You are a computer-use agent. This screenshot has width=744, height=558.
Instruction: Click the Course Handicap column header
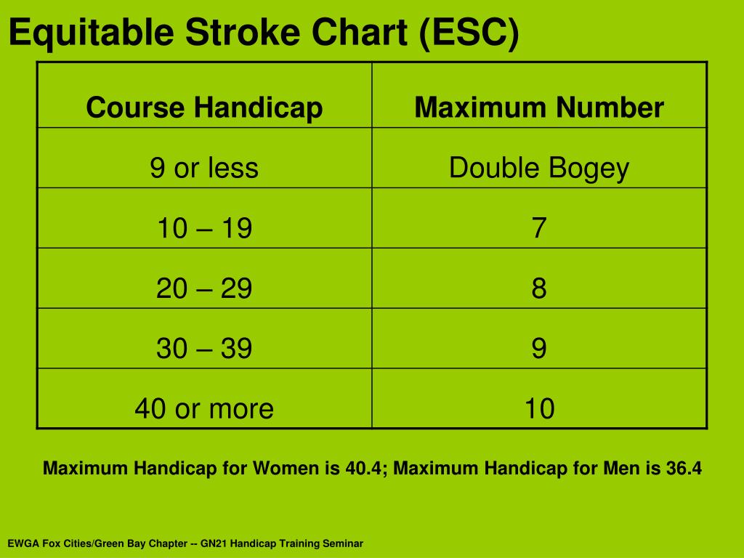tap(204, 108)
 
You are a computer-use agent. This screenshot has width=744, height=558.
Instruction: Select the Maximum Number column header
tap(539, 108)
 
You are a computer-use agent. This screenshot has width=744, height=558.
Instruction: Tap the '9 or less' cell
tap(204, 168)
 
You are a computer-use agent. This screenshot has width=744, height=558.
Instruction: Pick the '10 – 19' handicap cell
tap(204, 228)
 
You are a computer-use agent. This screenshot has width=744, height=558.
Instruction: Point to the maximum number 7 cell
tap(539, 228)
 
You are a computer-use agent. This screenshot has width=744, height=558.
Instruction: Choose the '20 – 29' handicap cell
tap(204, 288)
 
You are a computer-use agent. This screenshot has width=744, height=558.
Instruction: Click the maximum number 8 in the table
tap(539, 288)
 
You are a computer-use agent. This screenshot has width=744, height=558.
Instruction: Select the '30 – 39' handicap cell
tap(204, 348)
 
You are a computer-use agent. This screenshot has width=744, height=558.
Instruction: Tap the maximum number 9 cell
tap(539, 348)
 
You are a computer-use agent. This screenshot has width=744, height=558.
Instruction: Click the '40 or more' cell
tap(204, 408)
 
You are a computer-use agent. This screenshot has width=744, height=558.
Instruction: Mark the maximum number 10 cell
tap(540, 408)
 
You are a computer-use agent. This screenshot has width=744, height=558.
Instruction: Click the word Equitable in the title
tap(91, 33)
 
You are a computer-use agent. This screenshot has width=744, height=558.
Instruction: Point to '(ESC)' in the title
tap(469, 33)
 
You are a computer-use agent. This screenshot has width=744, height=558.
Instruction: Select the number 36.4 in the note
tap(684, 469)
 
